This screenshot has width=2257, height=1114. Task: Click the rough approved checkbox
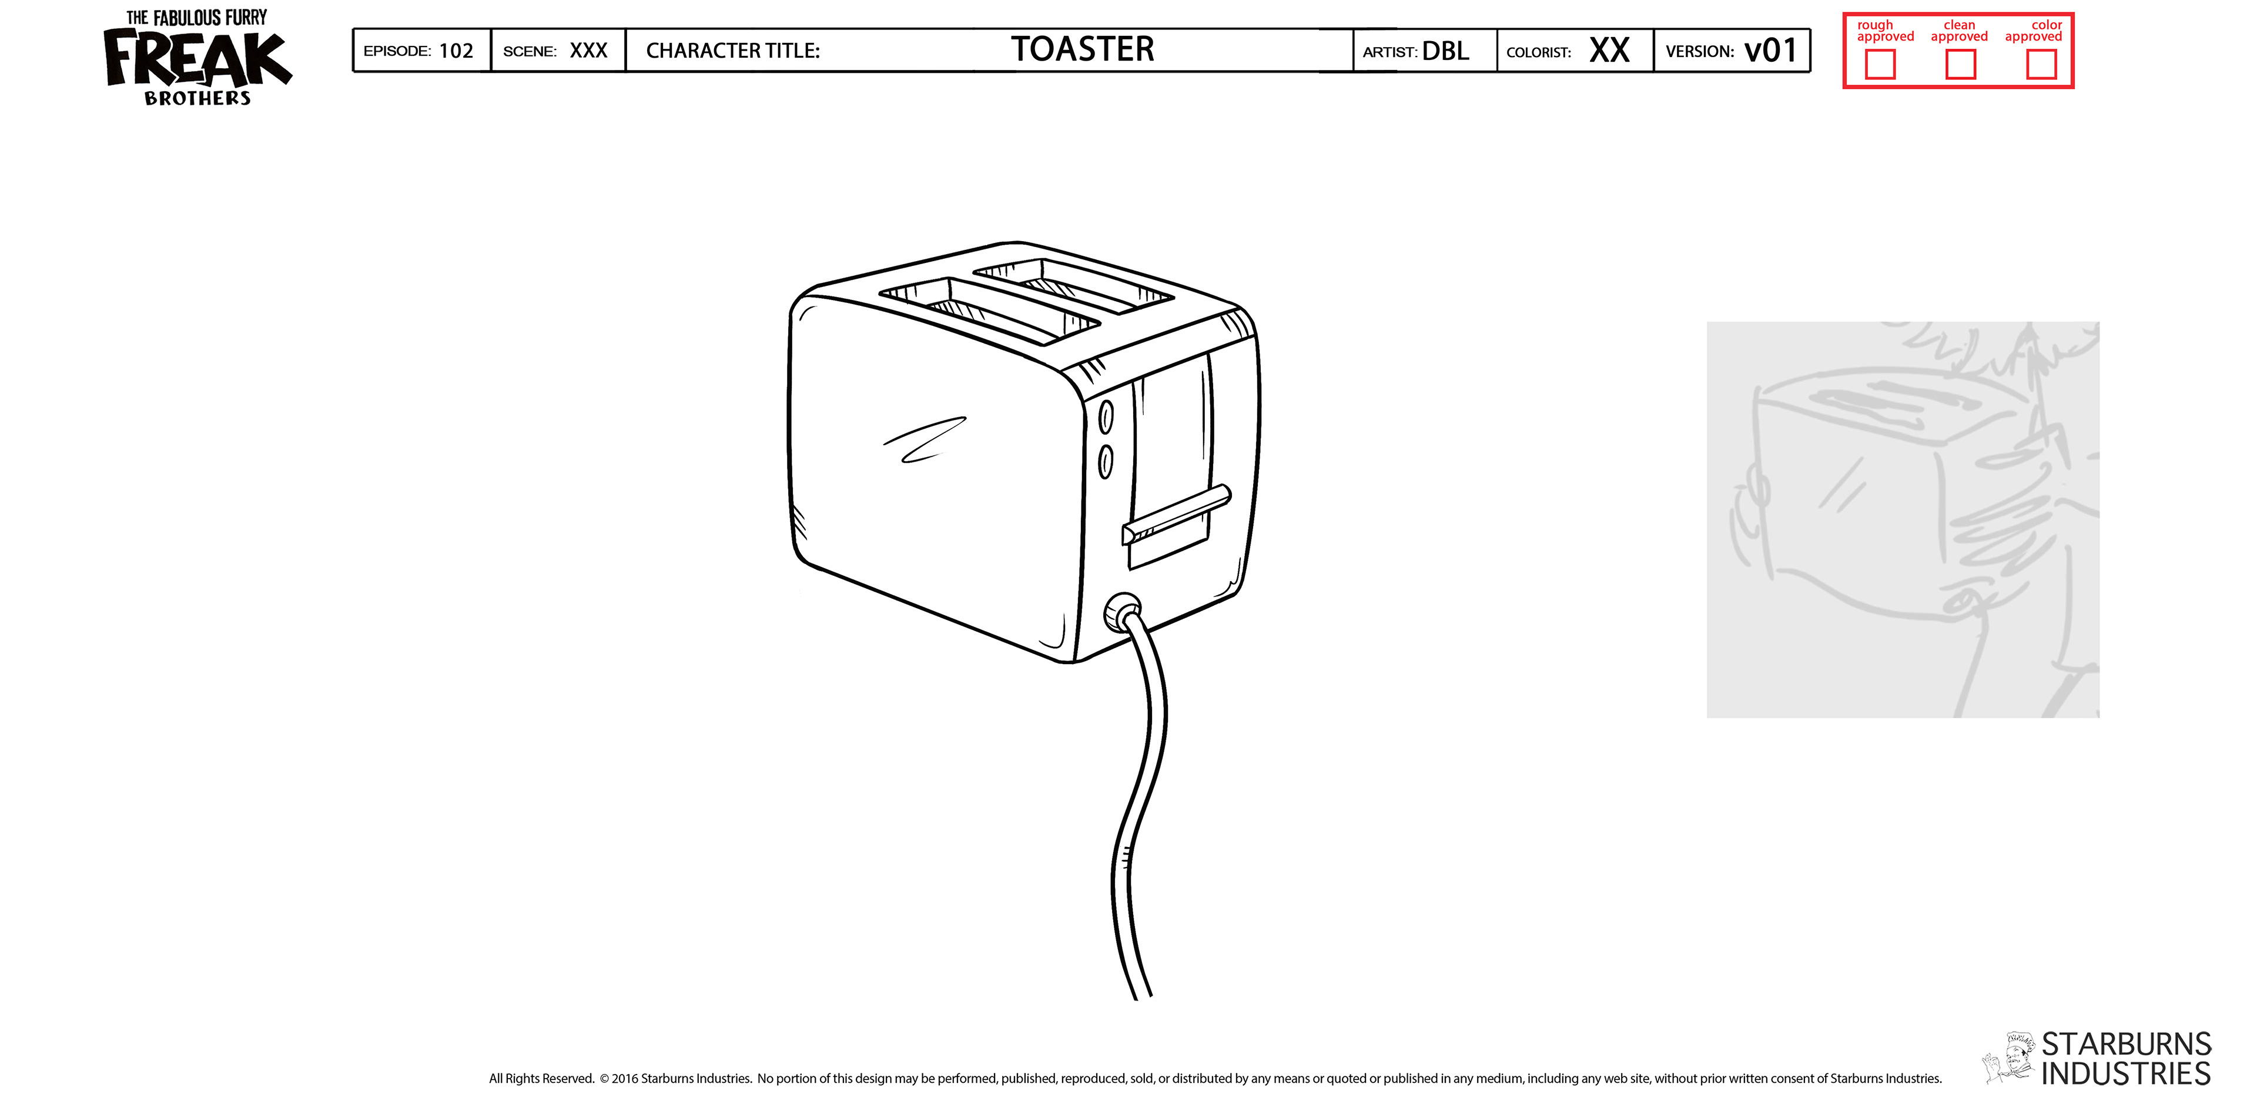click(1880, 64)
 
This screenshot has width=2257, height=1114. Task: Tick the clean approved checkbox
click(1960, 64)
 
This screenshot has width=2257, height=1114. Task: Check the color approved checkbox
click(2041, 64)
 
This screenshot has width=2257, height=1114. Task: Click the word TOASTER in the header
click(1082, 50)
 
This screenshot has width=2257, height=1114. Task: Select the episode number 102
click(456, 51)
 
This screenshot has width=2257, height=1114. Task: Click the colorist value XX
click(1609, 51)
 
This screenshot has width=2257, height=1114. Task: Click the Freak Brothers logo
click(196, 59)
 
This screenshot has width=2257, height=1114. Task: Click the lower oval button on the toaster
click(1106, 461)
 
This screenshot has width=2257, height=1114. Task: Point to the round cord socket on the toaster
click(1123, 612)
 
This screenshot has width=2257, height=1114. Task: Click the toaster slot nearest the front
click(990, 311)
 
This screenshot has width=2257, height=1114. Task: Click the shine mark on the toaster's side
click(925, 440)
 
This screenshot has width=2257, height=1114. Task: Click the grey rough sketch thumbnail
click(1902, 520)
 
